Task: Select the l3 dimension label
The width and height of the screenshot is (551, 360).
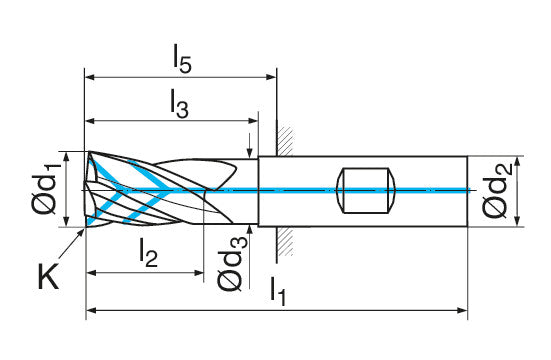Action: [179, 104]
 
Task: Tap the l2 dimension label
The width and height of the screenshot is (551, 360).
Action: [148, 252]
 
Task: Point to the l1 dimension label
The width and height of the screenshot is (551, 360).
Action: [278, 291]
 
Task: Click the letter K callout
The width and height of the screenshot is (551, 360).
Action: [48, 276]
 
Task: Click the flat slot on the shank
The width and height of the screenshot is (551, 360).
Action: [365, 190]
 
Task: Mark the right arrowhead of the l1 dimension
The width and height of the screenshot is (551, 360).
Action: [463, 310]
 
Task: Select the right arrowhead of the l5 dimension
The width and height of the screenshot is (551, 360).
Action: [272, 77]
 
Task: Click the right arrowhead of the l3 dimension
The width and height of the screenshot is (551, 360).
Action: [253, 121]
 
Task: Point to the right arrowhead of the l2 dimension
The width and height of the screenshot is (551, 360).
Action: [199, 272]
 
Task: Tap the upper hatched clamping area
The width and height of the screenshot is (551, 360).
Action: [285, 141]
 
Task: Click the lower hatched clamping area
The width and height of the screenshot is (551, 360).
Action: [285, 241]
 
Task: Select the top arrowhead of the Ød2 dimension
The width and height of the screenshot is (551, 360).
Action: [517, 162]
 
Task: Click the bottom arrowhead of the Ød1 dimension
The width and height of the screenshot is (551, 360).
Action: [66, 221]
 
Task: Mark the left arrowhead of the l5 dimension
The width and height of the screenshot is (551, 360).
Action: [90, 77]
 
